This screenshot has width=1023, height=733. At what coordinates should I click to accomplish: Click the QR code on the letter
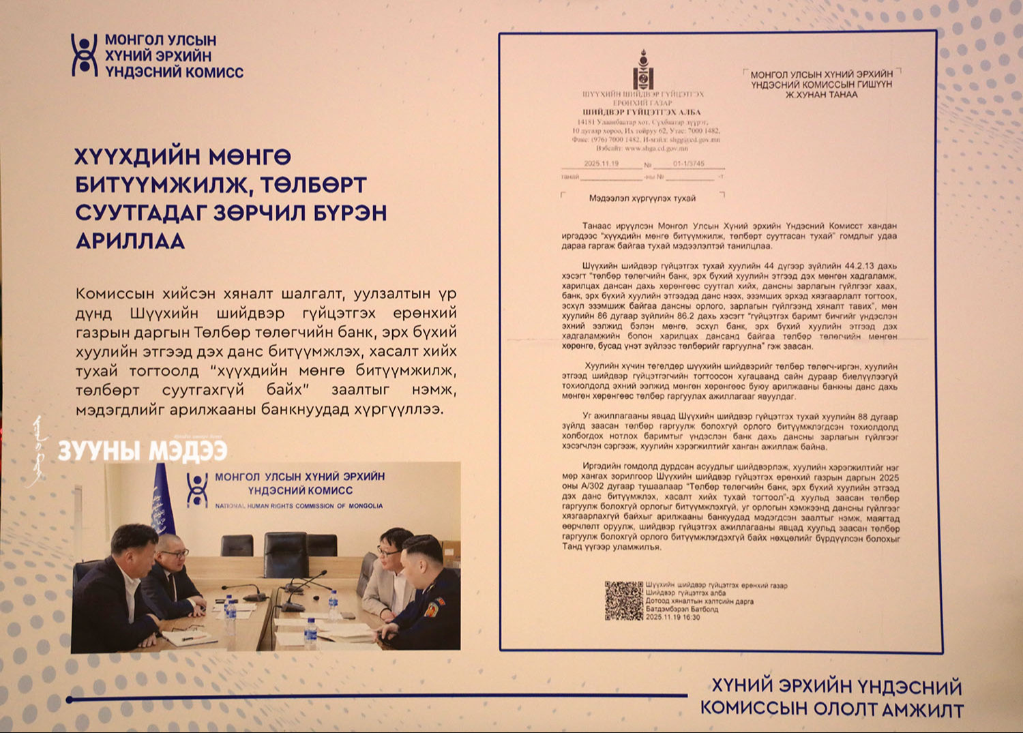click(x=623, y=601)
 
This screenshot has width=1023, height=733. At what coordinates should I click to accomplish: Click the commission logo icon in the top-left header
click(x=85, y=55)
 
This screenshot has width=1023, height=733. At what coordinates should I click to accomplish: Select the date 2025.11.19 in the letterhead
click(x=602, y=164)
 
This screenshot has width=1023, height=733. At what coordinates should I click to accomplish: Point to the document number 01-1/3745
click(x=689, y=164)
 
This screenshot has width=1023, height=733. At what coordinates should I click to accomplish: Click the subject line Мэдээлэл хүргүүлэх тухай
click(x=642, y=198)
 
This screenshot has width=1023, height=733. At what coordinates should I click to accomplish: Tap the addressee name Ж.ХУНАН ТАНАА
click(x=821, y=95)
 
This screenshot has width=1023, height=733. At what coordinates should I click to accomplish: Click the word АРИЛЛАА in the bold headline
click(x=130, y=241)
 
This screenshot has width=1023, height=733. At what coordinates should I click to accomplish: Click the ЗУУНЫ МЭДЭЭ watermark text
click(x=142, y=451)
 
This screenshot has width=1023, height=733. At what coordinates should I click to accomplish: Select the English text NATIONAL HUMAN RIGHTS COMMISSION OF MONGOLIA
click(x=299, y=506)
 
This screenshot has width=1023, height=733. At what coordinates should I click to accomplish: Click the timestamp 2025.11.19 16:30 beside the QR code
click(x=673, y=617)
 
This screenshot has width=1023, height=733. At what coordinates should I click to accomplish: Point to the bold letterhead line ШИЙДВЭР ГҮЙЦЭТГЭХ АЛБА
click(x=642, y=113)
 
